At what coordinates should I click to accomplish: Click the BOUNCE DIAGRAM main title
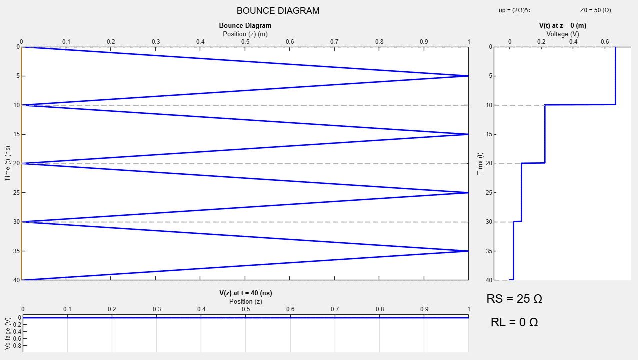(278, 11)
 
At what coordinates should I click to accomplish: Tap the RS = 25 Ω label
(514, 299)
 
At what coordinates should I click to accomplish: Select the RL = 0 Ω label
(514, 322)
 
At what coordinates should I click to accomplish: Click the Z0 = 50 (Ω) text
(595, 10)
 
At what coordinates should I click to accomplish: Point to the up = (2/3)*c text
(514, 10)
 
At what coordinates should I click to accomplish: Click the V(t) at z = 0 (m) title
(562, 25)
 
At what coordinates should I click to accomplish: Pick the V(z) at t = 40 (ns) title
(245, 293)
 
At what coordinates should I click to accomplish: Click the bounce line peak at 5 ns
(468, 76)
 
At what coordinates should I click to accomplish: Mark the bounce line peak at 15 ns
(468, 134)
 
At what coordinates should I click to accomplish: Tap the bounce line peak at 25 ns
(468, 193)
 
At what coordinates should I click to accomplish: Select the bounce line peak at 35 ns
(468, 251)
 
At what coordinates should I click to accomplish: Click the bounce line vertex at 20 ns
(23, 163)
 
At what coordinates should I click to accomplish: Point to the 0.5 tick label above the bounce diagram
(245, 41)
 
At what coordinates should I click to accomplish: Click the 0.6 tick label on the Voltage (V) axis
(605, 41)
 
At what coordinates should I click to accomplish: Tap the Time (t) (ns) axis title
(8, 163)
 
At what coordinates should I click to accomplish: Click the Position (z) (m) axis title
(245, 34)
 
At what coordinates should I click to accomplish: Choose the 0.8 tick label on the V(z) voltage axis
(15, 345)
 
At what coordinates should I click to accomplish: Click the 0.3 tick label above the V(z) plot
(157, 309)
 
